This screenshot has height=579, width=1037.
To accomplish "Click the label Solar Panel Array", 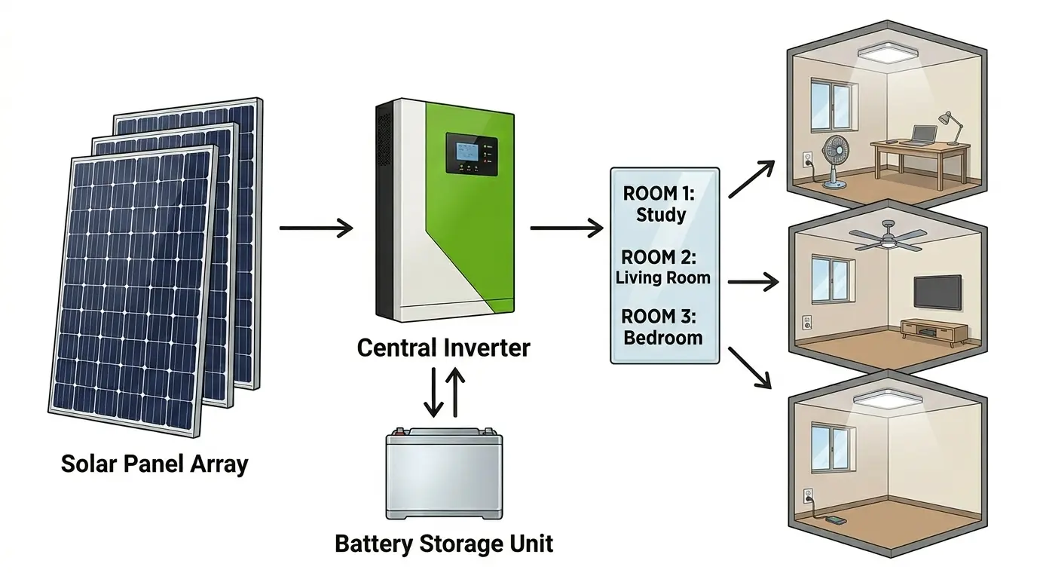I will [x=154, y=463].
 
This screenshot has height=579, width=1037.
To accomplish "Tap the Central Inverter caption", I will [x=443, y=348].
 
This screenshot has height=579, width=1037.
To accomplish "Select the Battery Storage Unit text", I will [x=444, y=543].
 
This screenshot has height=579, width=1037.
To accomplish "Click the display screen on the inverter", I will [x=464, y=154].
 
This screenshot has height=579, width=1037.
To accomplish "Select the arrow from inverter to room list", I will [x=566, y=228].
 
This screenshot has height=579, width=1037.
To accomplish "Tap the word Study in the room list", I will [x=661, y=215].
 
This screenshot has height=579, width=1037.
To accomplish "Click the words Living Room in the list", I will [x=662, y=277].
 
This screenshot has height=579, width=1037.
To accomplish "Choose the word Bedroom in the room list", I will [x=663, y=337].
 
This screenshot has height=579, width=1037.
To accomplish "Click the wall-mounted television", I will [x=937, y=291].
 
